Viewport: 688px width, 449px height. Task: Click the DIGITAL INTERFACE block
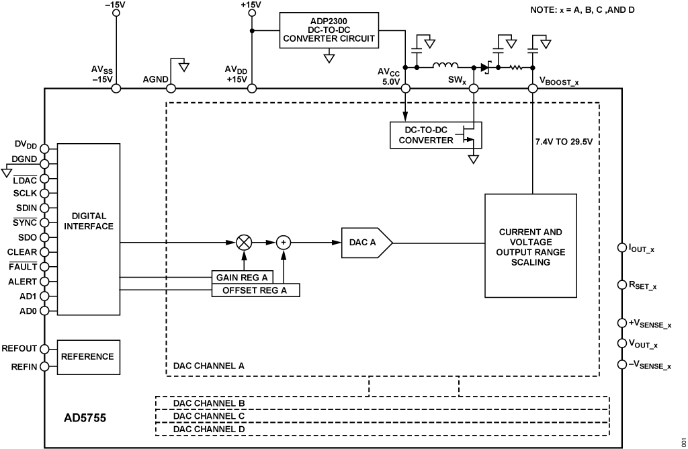point(89,229)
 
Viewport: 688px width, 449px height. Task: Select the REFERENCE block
point(89,357)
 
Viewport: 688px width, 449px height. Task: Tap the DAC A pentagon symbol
point(367,242)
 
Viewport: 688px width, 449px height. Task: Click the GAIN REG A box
point(242,278)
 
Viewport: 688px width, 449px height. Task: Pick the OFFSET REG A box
point(255,290)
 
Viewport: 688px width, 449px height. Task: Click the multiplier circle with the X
point(244,242)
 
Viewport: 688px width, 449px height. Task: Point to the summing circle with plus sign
point(284,242)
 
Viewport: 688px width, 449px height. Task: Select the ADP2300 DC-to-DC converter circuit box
point(329,30)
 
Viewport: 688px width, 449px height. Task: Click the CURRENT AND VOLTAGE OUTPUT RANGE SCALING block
point(531,246)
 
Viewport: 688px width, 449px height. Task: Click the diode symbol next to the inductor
point(485,68)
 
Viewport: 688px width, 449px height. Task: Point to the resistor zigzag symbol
point(515,68)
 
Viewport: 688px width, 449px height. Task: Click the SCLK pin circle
point(44,193)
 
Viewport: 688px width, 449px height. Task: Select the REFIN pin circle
point(44,366)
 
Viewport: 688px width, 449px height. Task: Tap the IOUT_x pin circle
point(621,247)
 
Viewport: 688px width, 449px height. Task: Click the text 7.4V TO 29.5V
point(564,142)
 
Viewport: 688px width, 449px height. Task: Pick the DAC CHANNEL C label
point(209,416)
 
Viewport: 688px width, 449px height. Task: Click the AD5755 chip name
point(85,418)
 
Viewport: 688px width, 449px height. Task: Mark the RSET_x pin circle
point(621,285)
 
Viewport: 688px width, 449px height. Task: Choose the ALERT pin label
point(22,282)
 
